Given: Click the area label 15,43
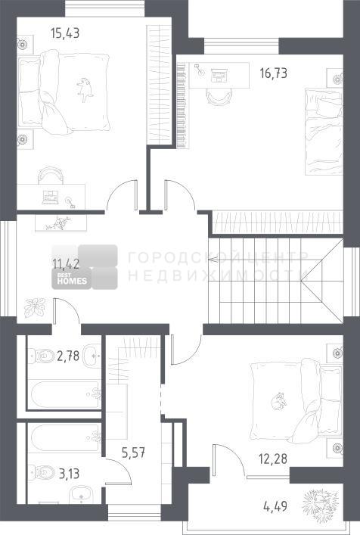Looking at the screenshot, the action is pyautogui.click(x=65, y=33).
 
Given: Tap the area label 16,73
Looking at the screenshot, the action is pyautogui.click(x=274, y=73).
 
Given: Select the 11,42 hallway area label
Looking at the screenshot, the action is pyautogui.click(x=66, y=264).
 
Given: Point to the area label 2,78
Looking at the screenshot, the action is pyautogui.click(x=68, y=356).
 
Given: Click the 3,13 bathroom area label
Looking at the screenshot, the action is pyautogui.click(x=70, y=474).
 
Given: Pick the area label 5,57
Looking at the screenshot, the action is pyautogui.click(x=134, y=453).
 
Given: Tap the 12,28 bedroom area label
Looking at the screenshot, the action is pyautogui.click(x=273, y=459).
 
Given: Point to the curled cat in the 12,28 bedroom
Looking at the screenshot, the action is pyautogui.click(x=278, y=400).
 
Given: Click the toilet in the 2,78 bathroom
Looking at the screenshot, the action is pyautogui.click(x=41, y=356).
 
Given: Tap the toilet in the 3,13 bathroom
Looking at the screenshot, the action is pyautogui.click(x=42, y=473).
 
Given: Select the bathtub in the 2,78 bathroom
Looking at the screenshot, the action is pyautogui.click(x=65, y=394).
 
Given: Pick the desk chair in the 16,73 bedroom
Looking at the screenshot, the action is pyautogui.click(x=219, y=96).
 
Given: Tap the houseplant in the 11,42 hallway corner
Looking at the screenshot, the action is pyautogui.click(x=35, y=307).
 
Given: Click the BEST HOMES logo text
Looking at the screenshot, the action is pyautogui.click(x=72, y=278).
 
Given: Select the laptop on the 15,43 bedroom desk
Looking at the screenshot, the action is pyautogui.click(x=51, y=198).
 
